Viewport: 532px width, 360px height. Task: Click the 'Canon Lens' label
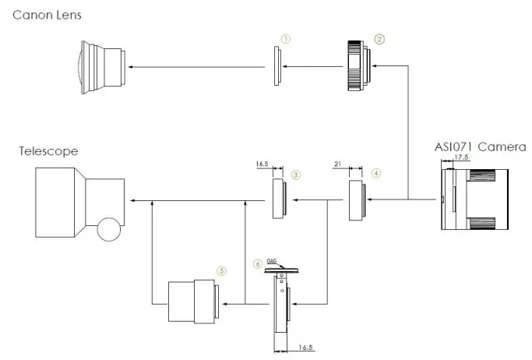(47, 15)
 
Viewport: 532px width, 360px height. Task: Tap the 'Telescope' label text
(48, 151)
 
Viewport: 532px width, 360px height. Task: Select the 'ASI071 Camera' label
(480, 147)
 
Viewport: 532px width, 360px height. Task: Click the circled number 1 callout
(286, 39)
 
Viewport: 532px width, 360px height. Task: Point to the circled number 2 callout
(379, 39)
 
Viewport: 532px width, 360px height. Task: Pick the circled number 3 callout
(295, 175)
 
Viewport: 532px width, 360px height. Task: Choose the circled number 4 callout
(376, 173)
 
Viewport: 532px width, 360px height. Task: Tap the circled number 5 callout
(221, 270)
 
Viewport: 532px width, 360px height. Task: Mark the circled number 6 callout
(258, 263)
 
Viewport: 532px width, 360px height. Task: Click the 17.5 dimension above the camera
(461, 157)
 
